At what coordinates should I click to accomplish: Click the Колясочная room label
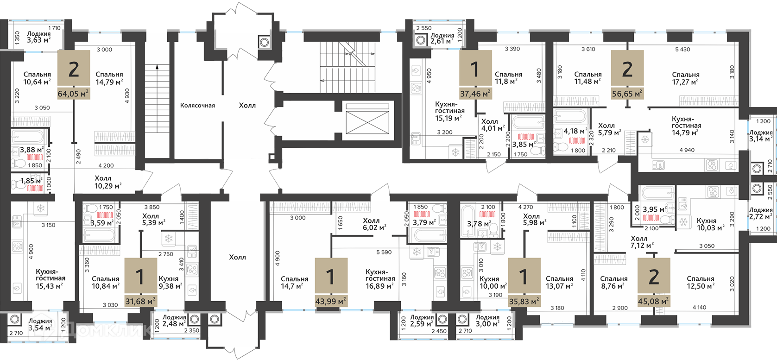click(197, 106)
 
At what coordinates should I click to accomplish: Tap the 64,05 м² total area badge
click(74, 94)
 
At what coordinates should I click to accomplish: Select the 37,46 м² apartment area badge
click(475, 94)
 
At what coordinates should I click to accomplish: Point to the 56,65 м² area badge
click(627, 94)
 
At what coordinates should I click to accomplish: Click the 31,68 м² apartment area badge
click(140, 301)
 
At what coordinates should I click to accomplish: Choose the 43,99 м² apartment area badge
click(331, 301)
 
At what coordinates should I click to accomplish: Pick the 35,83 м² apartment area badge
click(524, 301)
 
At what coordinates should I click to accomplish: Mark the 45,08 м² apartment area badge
click(654, 301)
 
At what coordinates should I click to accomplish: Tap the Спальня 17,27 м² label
click(685, 78)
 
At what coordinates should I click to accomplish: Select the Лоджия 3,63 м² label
click(39, 37)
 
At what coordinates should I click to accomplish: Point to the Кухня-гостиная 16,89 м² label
click(380, 279)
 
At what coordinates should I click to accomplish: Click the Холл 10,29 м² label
click(108, 182)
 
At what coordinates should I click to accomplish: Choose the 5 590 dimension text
click(384, 253)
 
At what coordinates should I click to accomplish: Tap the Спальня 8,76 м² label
click(613, 282)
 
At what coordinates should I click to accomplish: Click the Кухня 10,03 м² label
click(711, 224)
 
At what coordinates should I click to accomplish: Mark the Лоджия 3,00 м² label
click(487, 321)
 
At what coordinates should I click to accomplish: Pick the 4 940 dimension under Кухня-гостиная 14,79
click(687, 150)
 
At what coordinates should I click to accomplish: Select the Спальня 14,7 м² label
click(295, 282)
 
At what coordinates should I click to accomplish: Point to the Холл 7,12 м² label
click(642, 242)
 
